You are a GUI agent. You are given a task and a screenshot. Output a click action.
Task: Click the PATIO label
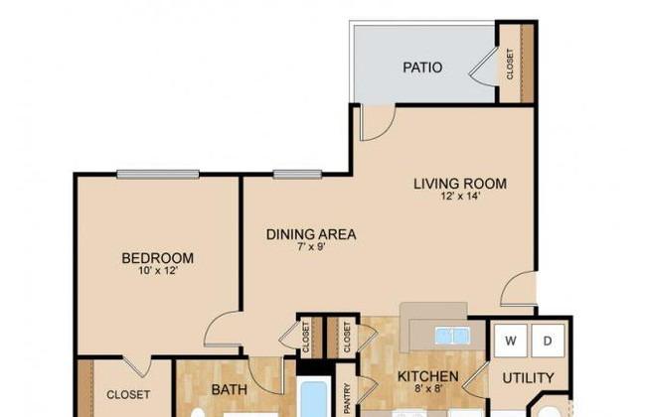tap(422, 68)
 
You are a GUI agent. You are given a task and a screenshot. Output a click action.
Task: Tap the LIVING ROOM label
tap(460, 184)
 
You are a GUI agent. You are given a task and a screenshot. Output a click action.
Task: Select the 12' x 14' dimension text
tap(460, 196)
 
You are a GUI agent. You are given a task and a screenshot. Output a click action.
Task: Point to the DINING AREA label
tap(311, 234)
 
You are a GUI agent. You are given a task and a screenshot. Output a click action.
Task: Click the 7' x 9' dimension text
tap(311, 247)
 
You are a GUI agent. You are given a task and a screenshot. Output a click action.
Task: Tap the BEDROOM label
tap(158, 258)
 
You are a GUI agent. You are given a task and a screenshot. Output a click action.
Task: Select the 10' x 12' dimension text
tap(158, 271)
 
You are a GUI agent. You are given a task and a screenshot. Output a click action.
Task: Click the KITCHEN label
tap(428, 376)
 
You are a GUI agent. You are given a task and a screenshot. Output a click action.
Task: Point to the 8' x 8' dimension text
tap(428, 388)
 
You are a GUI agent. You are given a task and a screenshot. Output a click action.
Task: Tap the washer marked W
tap(511, 341)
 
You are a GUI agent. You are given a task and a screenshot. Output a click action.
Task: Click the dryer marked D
tap(548, 341)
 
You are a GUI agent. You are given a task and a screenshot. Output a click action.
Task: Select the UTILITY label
tap(528, 378)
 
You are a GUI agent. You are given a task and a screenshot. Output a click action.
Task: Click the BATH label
tap(229, 389)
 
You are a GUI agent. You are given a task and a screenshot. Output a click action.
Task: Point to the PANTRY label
tap(347, 398)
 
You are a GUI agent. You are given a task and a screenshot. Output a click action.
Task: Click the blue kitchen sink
tap(452, 336)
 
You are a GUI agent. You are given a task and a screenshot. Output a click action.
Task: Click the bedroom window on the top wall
tap(158, 175)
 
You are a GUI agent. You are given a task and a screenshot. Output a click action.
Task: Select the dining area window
tap(297, 175)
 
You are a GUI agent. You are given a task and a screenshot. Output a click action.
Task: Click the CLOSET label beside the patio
tap(510, 65)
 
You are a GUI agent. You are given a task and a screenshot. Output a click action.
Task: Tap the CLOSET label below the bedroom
tap(128, 395)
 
